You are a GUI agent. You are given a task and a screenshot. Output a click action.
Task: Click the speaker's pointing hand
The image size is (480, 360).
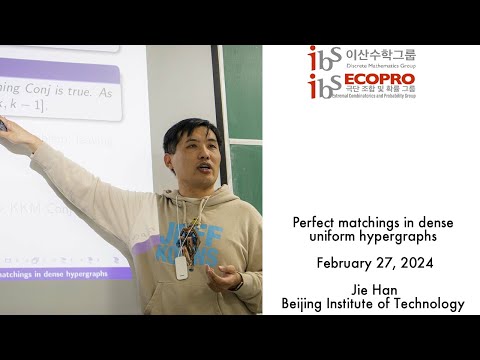tap(8, 127)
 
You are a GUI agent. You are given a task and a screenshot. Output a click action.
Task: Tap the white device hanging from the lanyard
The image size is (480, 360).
tap(181, 267)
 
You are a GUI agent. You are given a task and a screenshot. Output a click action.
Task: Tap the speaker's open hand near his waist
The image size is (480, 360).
tap(221, 276)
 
